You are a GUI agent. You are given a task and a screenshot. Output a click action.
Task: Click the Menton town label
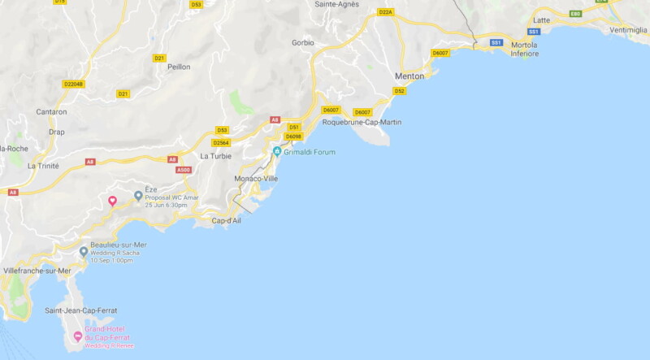[x=409, y=76]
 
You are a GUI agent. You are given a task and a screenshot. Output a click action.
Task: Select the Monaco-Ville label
[x=256, y=178]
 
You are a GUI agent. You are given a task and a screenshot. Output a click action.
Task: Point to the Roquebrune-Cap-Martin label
[x=362, y=123]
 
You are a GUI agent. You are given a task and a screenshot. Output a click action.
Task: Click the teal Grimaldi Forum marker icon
[x=277, y=152]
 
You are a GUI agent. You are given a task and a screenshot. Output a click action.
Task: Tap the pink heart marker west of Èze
[x=113, y=201]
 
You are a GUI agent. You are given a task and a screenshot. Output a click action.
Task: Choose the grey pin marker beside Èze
[x=138, y=197]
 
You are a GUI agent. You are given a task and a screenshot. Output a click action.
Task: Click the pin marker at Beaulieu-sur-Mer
[x=84, y=252]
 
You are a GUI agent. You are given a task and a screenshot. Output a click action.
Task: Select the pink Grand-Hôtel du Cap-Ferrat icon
[x=78, y=336]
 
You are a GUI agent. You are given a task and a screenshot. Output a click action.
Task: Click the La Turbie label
[x=215, y=156]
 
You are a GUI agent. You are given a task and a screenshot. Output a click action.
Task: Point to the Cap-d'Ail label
[x=226, y=220]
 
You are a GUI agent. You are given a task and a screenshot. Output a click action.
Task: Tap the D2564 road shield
[x=221, y=143]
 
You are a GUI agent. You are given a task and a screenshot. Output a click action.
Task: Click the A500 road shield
[x=184, y=170]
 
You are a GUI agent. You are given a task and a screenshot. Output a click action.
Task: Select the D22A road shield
[x=385, y=12]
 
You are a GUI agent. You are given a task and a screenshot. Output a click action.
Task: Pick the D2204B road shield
[x=73, y=84]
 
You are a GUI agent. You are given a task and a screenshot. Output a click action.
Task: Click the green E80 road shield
[x=575, y=14]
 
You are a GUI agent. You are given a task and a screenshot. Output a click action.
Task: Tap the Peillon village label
[x=179, y=67]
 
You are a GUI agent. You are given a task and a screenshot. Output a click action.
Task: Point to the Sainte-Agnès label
[x=336, y=4]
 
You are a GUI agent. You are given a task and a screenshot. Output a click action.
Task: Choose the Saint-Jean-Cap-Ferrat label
[x=83, y=310]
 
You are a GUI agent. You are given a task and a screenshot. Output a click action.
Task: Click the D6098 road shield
[x=293, y=137]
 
